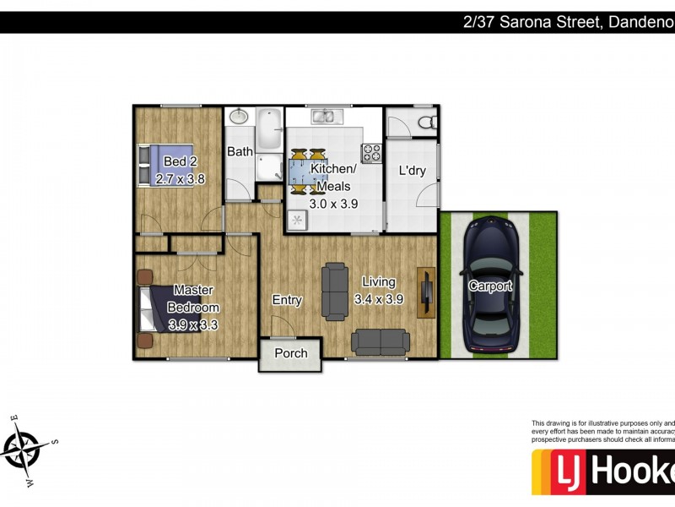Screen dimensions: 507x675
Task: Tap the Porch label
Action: point(289,353)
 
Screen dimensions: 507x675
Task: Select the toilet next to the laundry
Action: point(428,123)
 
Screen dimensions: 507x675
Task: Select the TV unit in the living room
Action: point(427,292)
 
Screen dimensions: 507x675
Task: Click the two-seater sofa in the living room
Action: point(381,341)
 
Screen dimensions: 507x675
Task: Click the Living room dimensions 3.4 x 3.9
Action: point(378,299)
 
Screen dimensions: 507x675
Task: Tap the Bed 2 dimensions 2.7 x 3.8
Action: point(181,179)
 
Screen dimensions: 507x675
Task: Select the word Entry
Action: point(287,300)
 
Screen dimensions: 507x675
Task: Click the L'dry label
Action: point(412,171)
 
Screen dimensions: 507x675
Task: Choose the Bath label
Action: point(240,152)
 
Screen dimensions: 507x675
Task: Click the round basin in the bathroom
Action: point(239,117)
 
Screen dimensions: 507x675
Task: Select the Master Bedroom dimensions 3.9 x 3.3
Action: point(193,324)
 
